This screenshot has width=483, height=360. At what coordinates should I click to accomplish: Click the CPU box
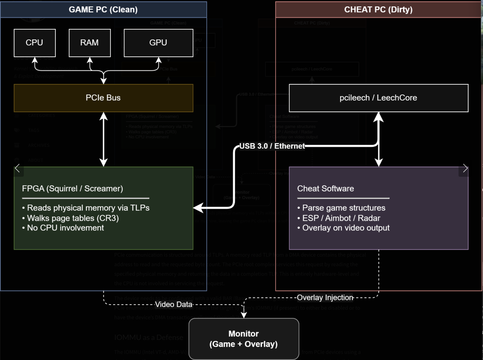click(x=35, y=43)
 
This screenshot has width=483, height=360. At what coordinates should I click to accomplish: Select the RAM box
click(x=90, y=43)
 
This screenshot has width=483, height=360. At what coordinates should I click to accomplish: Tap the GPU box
click(x=158, y=43)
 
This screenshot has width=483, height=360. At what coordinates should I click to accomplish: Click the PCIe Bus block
click(x=103, y=98)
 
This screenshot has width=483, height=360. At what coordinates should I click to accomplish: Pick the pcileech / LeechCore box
click(x=378, y=98)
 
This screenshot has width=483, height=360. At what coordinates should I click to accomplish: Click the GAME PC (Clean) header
click(x=103, y=10)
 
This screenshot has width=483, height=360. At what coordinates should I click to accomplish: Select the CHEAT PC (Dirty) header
click(x=378, y=10)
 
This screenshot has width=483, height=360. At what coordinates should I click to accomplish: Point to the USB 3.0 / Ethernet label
click(x=272, y=146)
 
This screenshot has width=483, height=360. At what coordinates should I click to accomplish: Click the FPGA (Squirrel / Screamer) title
click(x=72, y=189)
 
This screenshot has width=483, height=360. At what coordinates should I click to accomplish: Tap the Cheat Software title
click(x=325, y=189)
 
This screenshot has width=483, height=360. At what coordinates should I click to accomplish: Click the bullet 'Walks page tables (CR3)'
click(x=73, y=218)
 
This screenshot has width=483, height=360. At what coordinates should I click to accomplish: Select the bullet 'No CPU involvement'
click(x=65, y=228)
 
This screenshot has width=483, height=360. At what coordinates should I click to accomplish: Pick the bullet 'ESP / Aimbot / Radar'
click(x=341, y=218)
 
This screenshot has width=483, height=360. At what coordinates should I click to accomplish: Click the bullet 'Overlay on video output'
click(x=346, y=228)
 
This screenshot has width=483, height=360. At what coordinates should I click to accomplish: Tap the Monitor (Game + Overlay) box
click(x=244, y=339)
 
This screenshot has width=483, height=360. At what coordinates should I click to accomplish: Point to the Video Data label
click(x=174, y=305)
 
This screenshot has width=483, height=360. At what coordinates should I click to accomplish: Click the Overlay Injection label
click(x=325, y=298)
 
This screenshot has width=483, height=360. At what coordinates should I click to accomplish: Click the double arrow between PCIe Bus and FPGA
click(x=104, y=139)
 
